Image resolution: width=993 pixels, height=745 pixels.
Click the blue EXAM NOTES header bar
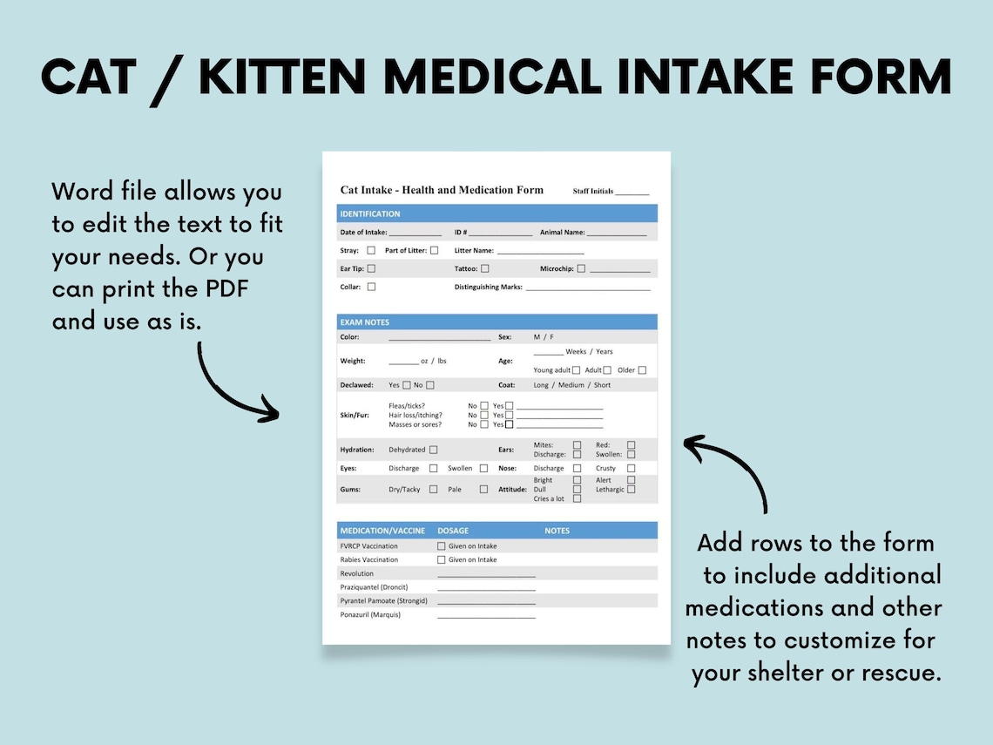click(x=496, y=322)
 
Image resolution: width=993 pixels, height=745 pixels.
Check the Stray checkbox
click(x=371, y=250)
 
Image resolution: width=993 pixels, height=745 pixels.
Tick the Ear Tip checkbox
click(x=371, y=269)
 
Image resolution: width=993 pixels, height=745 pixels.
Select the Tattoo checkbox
click(x=485, y=269)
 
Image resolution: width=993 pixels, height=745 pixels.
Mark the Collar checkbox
click(x=371, y=287)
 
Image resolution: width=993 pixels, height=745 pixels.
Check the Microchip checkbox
click(x=581, y=269)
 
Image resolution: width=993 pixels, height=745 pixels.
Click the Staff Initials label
click(x=593, y=192)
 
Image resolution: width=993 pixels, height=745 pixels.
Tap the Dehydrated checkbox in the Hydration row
click(x=433, y=450)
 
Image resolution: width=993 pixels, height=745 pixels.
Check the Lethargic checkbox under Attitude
click(x=631, y=490)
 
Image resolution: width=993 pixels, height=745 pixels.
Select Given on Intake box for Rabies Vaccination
click(x=442, y=559)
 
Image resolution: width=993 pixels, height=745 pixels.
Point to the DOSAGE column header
click(x=453, y=531)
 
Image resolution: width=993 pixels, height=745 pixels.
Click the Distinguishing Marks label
click(x=488, y=287)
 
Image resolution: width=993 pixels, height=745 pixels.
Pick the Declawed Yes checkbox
click(x=407, y=385)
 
